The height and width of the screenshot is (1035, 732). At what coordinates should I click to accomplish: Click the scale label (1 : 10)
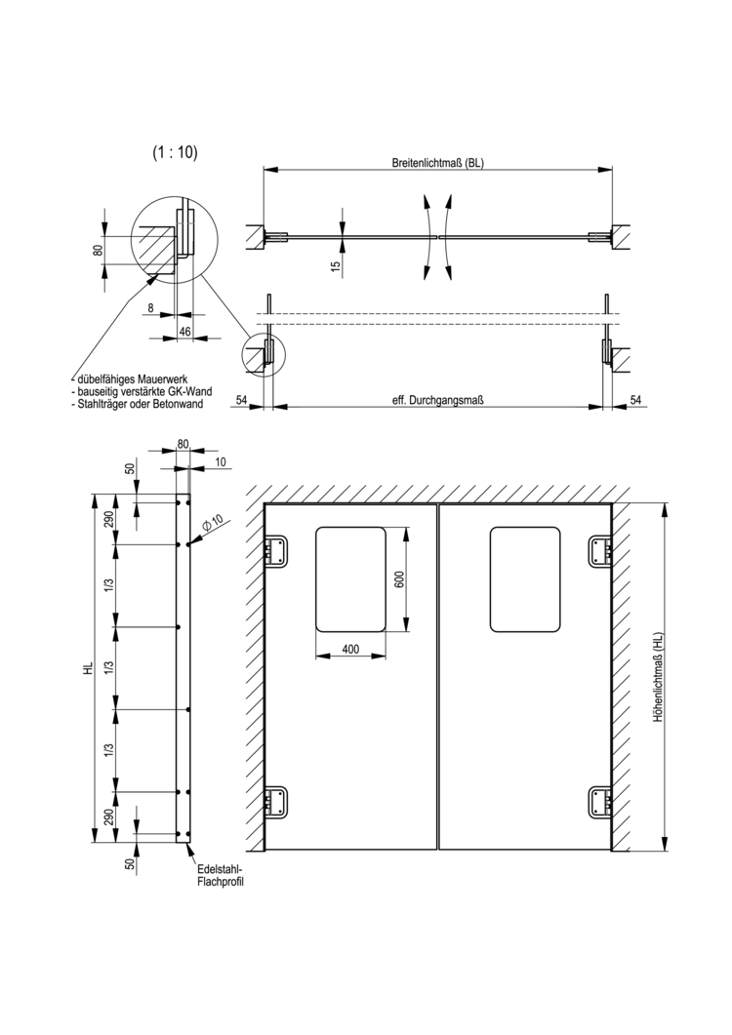tap(175, 152)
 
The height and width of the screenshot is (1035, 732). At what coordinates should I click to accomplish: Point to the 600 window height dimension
tap(398, 578)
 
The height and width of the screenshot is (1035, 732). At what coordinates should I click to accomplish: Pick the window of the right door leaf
tap(525, 578)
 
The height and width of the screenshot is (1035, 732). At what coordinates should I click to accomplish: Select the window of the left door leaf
tap(350, 578)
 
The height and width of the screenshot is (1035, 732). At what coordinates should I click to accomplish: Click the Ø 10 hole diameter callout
tap(213, 525)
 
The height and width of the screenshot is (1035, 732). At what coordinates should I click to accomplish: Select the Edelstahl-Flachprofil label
tap(219, 875)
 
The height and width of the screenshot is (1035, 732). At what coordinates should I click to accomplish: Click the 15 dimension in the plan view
tap(336, 265)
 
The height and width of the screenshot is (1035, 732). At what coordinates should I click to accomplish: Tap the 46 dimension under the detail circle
tap(183, 333)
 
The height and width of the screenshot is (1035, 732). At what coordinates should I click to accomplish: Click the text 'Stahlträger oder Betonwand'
tap(139, 404)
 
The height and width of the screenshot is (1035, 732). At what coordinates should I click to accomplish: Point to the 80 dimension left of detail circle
tap(98, 250)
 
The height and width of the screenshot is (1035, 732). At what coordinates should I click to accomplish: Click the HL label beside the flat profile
tap(89, 669)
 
